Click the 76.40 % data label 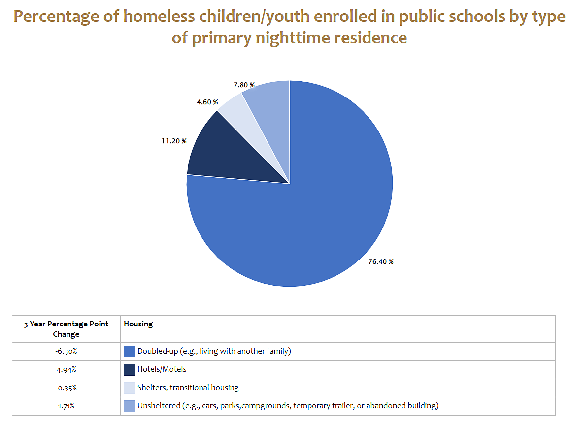[381, 261]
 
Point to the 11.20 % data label [174, 141]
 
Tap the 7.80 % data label [244, 85]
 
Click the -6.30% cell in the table [66, 351]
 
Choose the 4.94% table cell [66, 369]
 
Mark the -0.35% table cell [66, 388]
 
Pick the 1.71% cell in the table [66, 406]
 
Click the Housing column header [138, 324]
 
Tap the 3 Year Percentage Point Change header [66, 329]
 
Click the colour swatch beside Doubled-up [130, 352]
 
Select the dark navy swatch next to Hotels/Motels [130, 369]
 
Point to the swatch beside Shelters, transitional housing [130, 388]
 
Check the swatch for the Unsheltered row [130, 406]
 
